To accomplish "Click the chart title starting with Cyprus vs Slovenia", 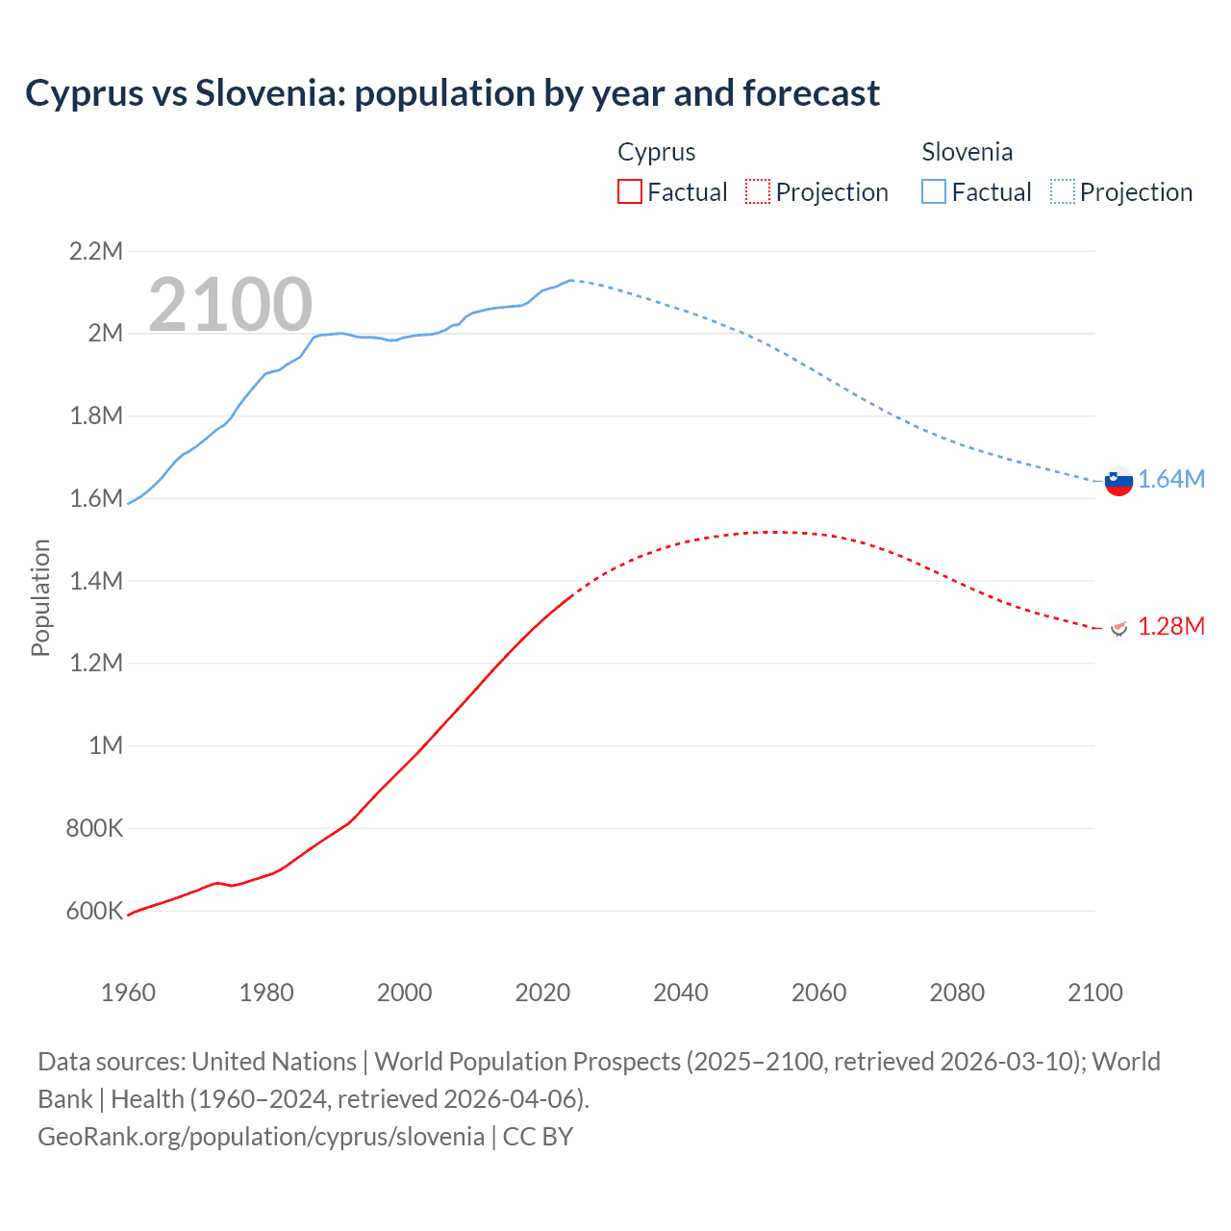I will tap(452, 93).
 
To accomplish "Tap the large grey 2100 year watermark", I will tap(230, 305).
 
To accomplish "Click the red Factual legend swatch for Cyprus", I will tap(629, 192).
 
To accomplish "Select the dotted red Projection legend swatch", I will tap(758, 192).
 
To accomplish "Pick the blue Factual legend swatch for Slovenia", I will tap(934, 192).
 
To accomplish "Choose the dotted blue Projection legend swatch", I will tap(1063, 192).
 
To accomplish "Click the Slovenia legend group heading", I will tap(967, 152).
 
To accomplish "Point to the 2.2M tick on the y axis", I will tap(96, 252).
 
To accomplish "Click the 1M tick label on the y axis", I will tap(106, 745).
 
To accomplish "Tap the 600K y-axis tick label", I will tap(94, 911).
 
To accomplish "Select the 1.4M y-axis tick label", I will tap(96, 581).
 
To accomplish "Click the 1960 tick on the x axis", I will tap(128, 992).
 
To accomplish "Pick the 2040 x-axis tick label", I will tap(681, 992).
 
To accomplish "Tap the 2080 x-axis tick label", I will tap(957, 992).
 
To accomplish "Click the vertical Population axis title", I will tap(40, 597).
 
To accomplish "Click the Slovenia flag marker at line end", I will tap(1118, 481).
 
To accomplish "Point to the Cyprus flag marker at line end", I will tap(1118, 627).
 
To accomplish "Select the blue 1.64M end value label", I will tap(1171, 480).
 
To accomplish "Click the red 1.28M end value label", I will tap(1171, 627).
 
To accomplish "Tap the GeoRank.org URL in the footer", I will tap(261, 1137).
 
